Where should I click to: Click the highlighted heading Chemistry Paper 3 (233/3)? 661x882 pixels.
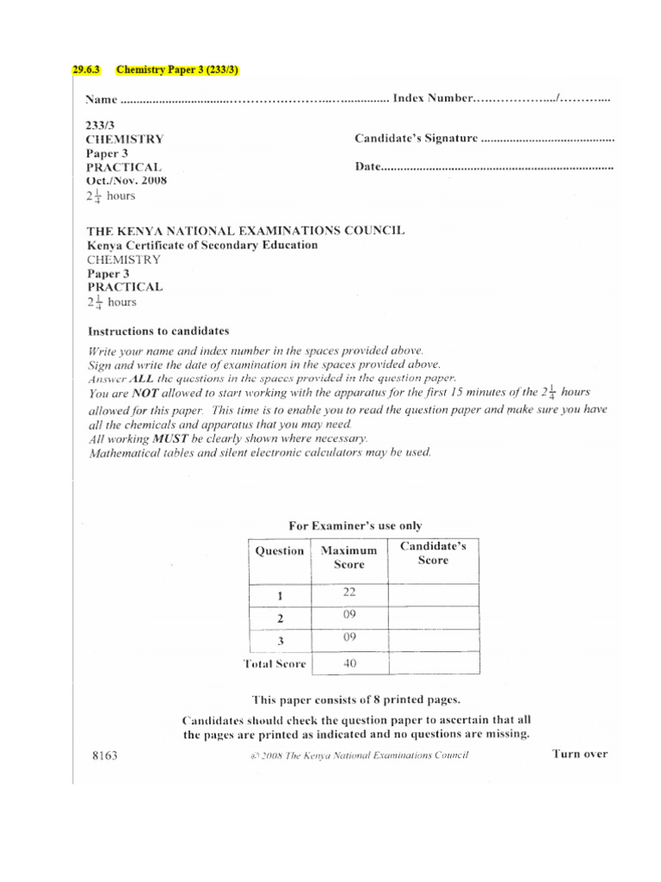(x=171, y=70)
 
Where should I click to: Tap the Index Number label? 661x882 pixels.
(x=433, y=99)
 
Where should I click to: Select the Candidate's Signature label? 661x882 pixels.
(x=416, y=138)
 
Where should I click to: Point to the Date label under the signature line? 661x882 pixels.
(x=368, y=166)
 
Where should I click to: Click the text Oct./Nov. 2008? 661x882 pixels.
(x=127, y=181)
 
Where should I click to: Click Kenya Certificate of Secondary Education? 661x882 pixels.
(x=202, y=245)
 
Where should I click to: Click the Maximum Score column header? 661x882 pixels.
(x=348, y=557)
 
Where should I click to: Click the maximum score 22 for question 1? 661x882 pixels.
(x=349, y=593)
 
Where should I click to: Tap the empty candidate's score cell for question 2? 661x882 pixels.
(x=434, y=617)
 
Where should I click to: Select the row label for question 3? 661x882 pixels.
(x=279, y=643)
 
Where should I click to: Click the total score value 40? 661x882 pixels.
(x=349, y=663)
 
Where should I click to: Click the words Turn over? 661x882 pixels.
(x=579, y=754)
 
